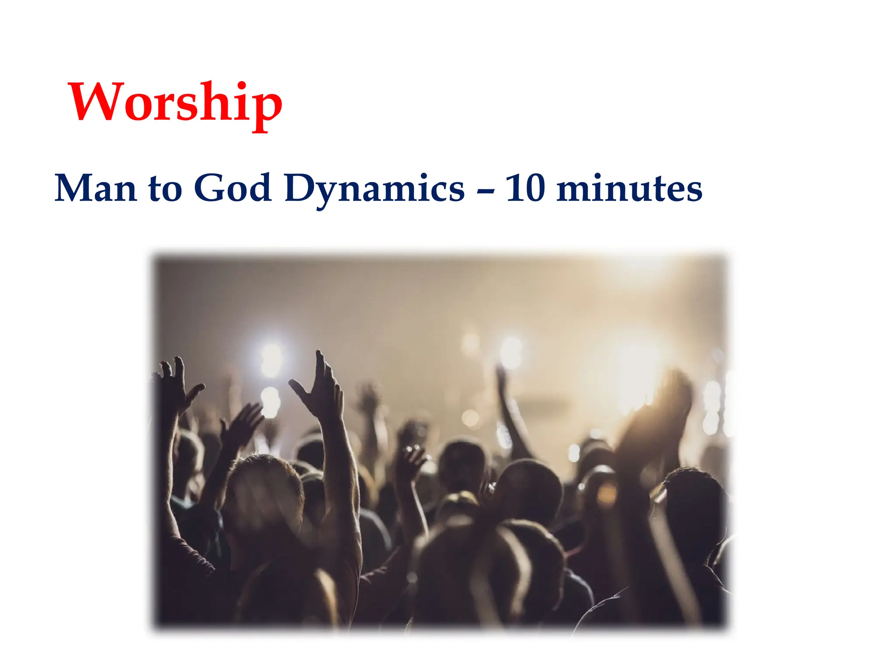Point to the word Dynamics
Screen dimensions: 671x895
click(375, 189)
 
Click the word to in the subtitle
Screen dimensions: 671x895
click(165, 189)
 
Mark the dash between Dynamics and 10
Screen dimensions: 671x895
click(485, 190)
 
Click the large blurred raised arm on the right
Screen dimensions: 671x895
click(660, 415)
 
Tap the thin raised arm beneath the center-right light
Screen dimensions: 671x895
click(511, 411)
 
